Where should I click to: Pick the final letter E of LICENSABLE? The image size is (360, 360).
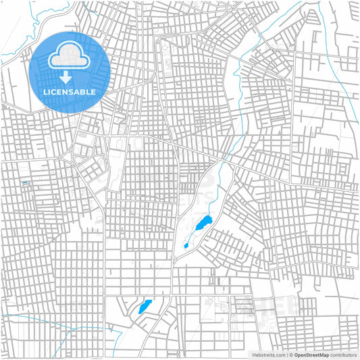[x=93, y=91]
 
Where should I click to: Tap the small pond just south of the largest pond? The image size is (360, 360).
[x=186, y=246]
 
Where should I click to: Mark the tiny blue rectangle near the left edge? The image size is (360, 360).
[x=25, y=182]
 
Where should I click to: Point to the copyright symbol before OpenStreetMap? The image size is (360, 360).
[x=290, y=355]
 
